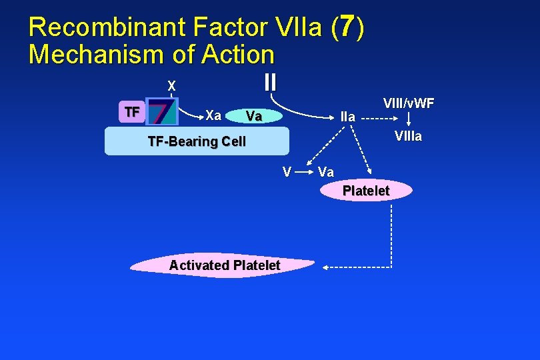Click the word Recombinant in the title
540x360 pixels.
click(107, 27)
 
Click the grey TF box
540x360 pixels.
click(132, 112)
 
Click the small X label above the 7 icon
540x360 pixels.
click(171, 86)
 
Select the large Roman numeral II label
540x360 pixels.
click(269, 82)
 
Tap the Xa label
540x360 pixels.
click(213, 115)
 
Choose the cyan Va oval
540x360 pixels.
click(254, 117)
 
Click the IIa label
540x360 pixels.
click(347, 117)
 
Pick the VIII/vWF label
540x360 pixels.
click(409, 103)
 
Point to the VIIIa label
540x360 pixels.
click(408, 137)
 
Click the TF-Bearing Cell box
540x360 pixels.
click(197, 141)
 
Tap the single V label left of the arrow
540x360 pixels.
click(286, 172)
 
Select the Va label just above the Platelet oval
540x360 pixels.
click(326, 172)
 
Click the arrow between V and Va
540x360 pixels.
click(305, 172)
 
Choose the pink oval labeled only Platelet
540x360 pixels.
click(365, 191)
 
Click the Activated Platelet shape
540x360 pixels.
click(224, 265)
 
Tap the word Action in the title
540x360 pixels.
click(236, 55)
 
